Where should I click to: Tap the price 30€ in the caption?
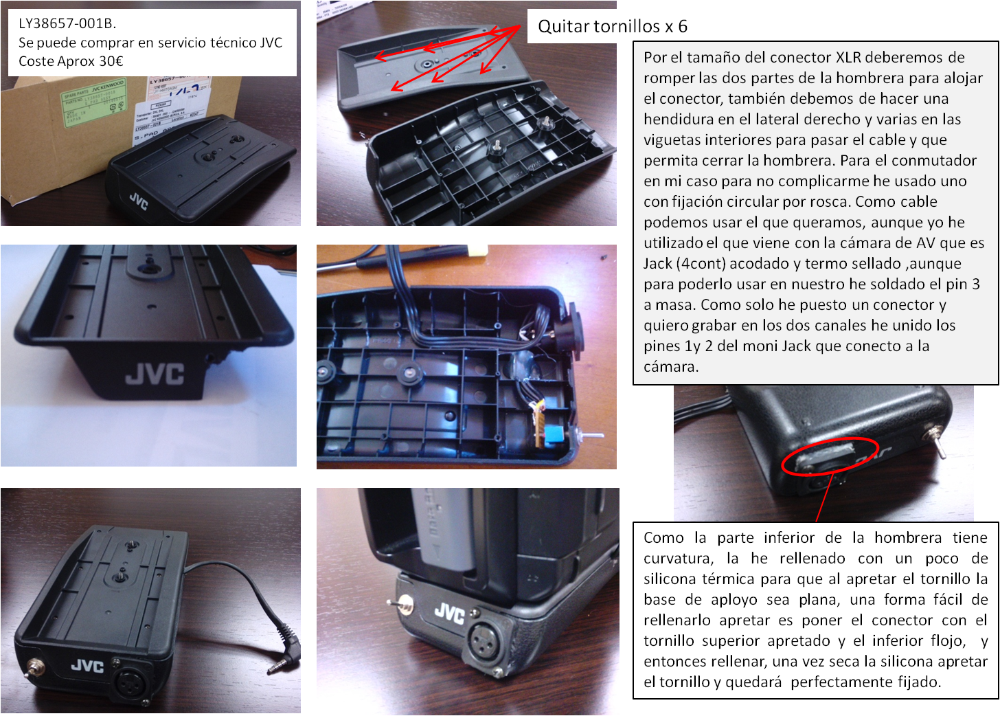click(x=111, y=60)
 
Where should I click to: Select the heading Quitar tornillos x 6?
click(x=613, y=26)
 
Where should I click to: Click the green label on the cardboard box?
click(x=94, y=102)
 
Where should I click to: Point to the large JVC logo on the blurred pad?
click(x=155, y=373)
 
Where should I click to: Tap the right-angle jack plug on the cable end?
click(x=285, y=650)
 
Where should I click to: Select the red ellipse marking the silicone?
click(x=830, y=456)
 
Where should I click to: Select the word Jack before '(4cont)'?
click(x=657, y=264)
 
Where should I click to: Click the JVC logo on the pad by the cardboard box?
click(x=139, y=201)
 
